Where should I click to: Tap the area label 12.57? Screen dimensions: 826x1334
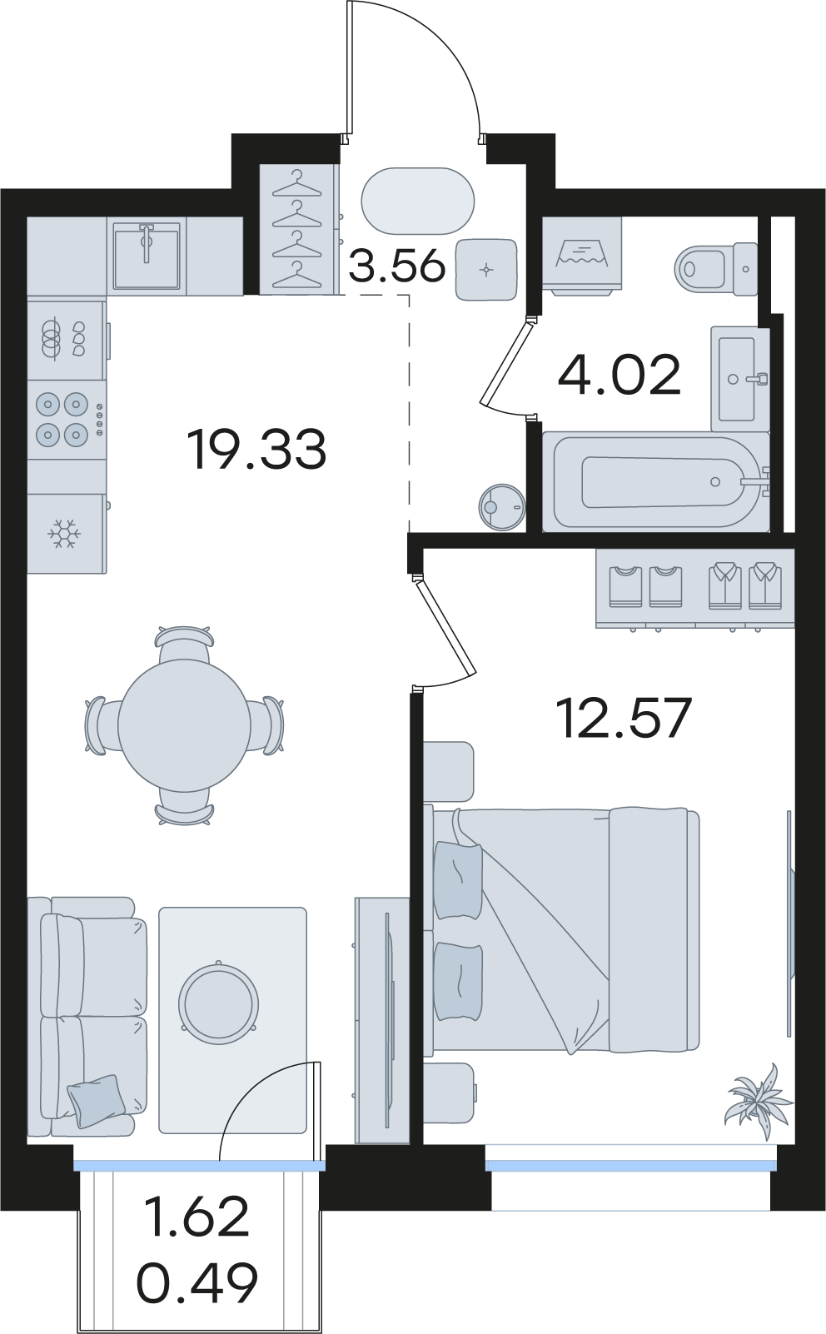pyautogui.click(x=624, y=719)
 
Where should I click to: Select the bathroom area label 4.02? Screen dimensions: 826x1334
pyautogui.click(x=619, y=374)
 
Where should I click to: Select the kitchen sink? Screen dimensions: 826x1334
pyautogui.click(x=147, y=256)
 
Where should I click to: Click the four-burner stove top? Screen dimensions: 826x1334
pyautogui.click(x=67, y=419)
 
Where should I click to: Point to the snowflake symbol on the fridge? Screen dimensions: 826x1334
pyautogui.click(x=64, y=535)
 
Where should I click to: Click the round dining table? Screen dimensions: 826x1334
pyautogui.click(x=183, y=724)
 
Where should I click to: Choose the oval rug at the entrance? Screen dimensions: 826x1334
pyautogui.click(x=418, y=201)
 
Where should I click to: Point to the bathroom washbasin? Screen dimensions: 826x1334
pyautogui.click(x=739, y=378)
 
